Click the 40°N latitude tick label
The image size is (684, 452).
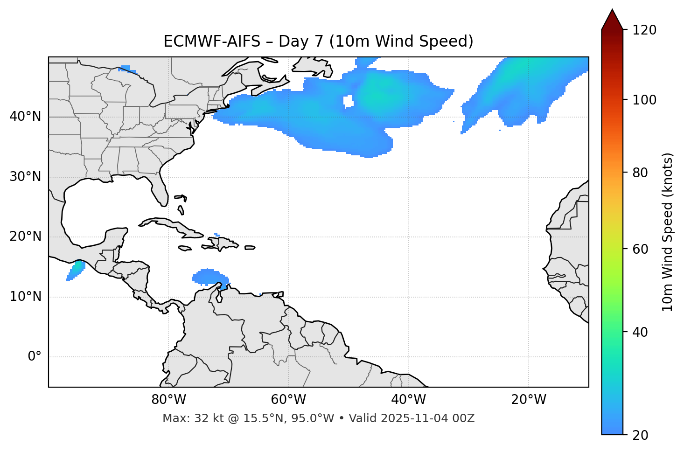(x=25, y=117)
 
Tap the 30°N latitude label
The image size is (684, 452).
(x=25, y=177)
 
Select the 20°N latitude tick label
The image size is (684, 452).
(x=25, y=236)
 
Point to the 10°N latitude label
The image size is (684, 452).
(x=25, y=297)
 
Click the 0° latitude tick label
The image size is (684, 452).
(x=35, y=357)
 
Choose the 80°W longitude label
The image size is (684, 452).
(x=168, y=400)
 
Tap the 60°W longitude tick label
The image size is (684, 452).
(x=288, y=400)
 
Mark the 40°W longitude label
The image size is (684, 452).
(x=408, y=400)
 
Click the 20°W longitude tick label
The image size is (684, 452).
(x=529, y=400)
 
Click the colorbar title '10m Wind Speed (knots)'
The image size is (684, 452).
(x=668, y=232)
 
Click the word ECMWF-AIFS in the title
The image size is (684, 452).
(x=212, y=42)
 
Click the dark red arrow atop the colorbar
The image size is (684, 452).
(x=612, y=20)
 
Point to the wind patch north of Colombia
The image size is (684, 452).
(x=209, y=277)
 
